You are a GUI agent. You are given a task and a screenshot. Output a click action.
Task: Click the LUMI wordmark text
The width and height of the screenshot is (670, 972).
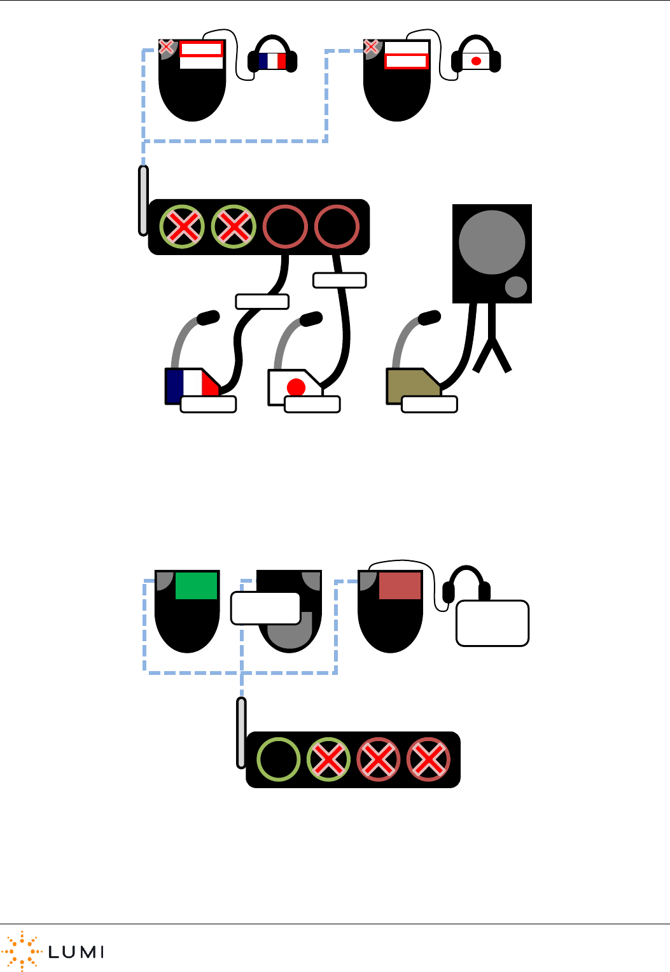click(76, 952)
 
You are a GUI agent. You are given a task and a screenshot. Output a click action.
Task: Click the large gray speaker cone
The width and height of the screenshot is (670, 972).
click(491, 242)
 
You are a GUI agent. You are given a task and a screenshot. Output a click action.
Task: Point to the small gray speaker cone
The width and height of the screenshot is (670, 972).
click(516, 287)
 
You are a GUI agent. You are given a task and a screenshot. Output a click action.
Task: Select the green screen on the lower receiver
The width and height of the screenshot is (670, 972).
click(197, 585)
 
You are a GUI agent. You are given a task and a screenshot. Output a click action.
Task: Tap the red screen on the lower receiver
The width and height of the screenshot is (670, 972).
click(400, 585)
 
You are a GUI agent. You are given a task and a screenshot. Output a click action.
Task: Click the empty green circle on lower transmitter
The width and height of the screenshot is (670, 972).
click(278, 759)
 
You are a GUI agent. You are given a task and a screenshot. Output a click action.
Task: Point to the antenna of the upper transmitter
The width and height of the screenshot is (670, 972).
click(144, 200)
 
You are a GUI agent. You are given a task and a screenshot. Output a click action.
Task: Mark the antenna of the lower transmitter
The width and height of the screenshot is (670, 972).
click(241, 732)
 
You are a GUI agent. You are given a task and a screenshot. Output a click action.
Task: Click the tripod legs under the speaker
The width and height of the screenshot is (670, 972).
click(491, 350)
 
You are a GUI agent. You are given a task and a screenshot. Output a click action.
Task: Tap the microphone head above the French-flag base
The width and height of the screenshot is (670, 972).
click(208, 317)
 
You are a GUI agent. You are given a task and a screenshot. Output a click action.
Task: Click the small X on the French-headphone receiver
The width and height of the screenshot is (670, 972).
click(166, 46)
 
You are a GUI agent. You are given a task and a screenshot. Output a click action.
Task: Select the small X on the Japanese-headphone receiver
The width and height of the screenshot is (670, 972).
click(371, 46)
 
